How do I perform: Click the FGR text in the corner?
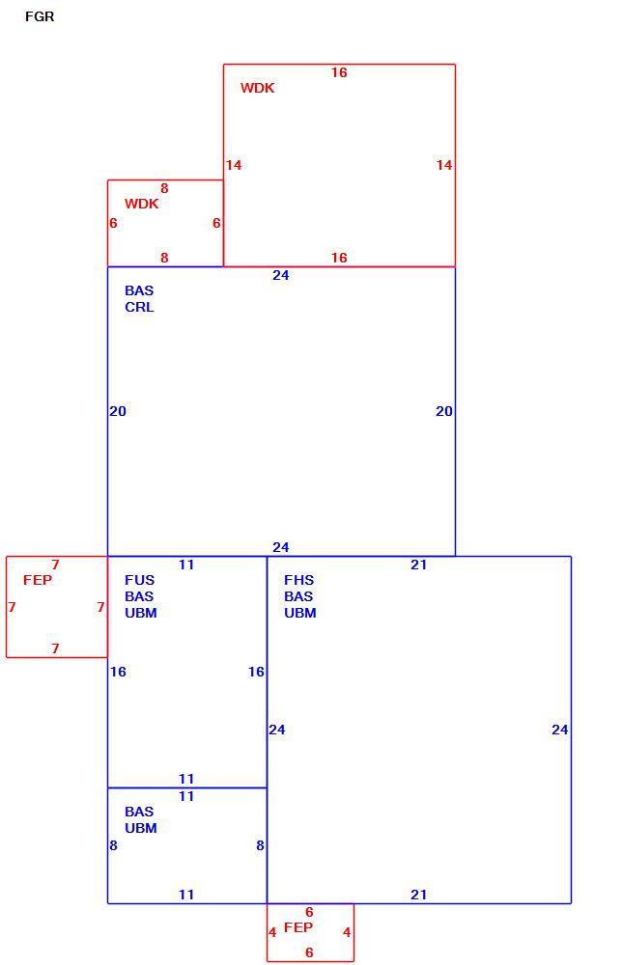(40, 16)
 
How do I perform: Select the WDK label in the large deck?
(258, 88)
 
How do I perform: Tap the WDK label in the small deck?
(142, 204)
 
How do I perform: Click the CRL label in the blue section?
(139, 307)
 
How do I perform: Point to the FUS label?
(140, 580)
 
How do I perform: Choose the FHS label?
(298, 580)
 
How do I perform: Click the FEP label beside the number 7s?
(38, 580)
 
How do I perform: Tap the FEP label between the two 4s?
(298, 927)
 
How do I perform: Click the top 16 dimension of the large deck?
(339, 72)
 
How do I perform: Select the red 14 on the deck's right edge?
(444, 165)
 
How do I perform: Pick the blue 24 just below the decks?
(281, 275)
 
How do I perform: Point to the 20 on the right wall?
(444, 411)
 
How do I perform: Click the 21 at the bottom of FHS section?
(419, 895)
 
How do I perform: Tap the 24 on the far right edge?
(560, 730)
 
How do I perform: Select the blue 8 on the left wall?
(113, 845)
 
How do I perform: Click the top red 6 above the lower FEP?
(309, 912)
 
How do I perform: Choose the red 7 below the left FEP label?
(55, 648)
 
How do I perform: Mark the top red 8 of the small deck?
(164, 188)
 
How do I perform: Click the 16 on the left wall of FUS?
(118, 672)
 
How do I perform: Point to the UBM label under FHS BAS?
(300, 613)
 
